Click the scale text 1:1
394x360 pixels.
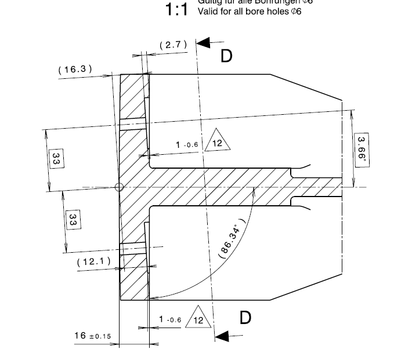(x=176, y=10)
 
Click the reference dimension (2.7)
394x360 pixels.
(x=173, y=45)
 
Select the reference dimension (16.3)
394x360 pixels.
(x=75, y=70)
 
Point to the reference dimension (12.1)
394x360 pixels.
(x=93, y=261)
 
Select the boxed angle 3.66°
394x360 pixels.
(x=361, y=150)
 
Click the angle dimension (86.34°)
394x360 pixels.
(x=233, y=238)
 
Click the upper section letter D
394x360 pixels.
(x=226, y=56)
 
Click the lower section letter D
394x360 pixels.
(x=245, y=318)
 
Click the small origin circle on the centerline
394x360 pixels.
(x=119, y=187)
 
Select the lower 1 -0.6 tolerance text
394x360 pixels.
(x=170, y=320)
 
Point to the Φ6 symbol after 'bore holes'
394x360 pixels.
(x=296, y=12)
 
